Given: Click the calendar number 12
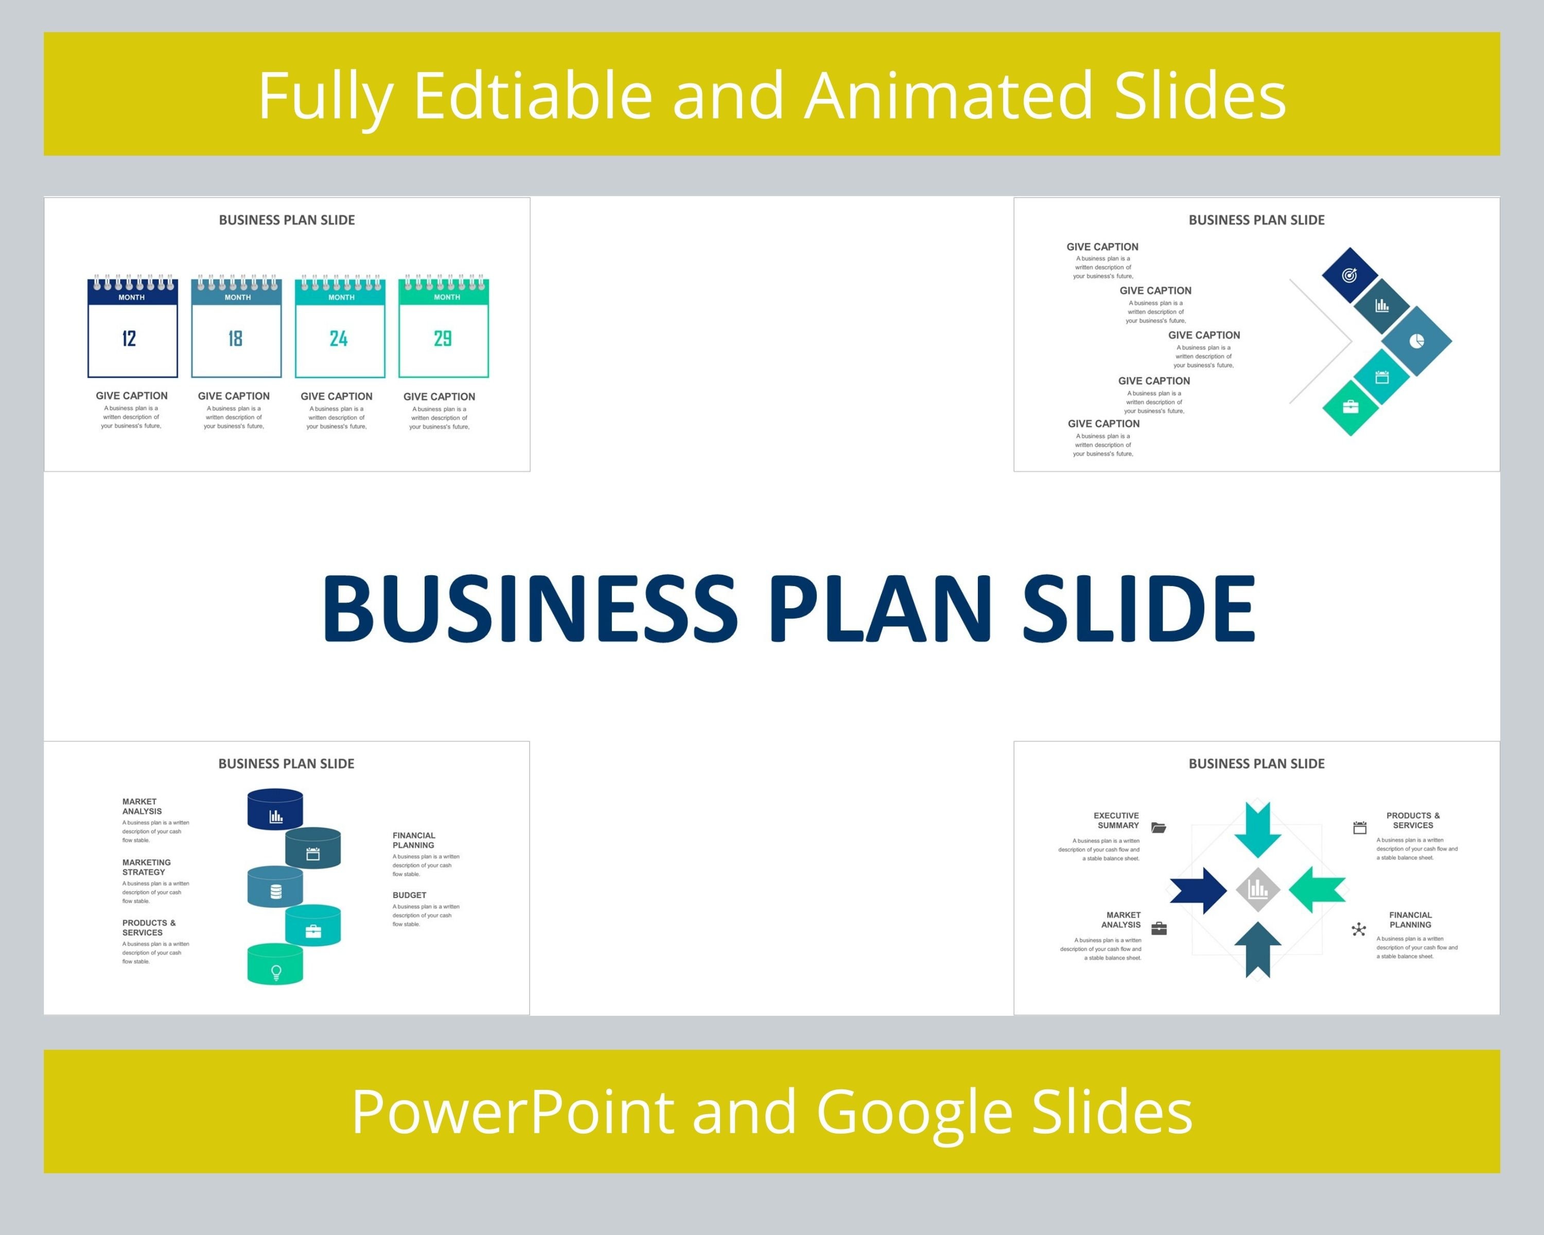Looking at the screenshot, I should point(129,339).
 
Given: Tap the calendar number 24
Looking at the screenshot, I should point(339,339).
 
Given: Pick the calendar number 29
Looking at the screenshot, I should point(443,339).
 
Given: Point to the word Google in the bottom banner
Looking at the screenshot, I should point(914,1112).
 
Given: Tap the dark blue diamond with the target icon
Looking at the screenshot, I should point(1349,275).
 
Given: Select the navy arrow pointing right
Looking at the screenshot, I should point(1198,890).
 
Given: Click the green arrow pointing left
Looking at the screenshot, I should point(1317,889).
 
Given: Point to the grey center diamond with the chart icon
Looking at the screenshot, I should point(1257,890).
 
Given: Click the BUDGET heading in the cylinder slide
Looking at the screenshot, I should point(409,895).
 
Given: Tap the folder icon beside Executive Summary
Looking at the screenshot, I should point(1159,827).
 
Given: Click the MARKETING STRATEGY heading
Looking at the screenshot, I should point(146,867).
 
